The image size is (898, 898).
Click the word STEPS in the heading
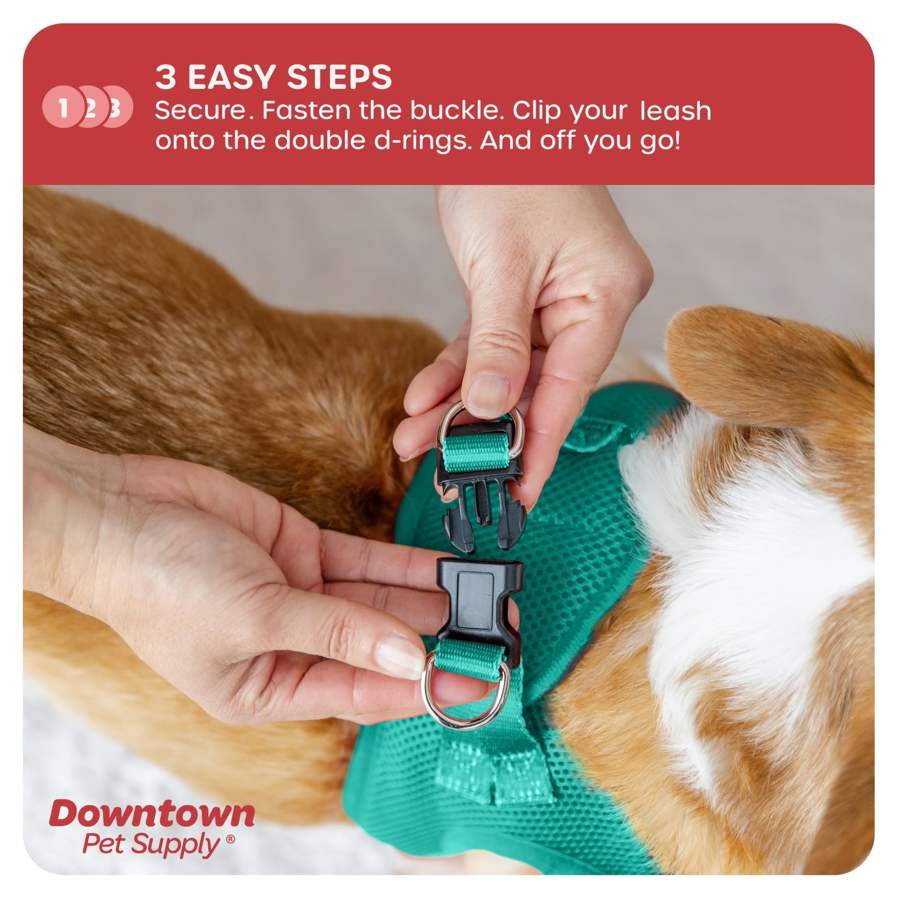click(x=339, y=77)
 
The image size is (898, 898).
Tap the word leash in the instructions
click(x=675, y=111)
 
